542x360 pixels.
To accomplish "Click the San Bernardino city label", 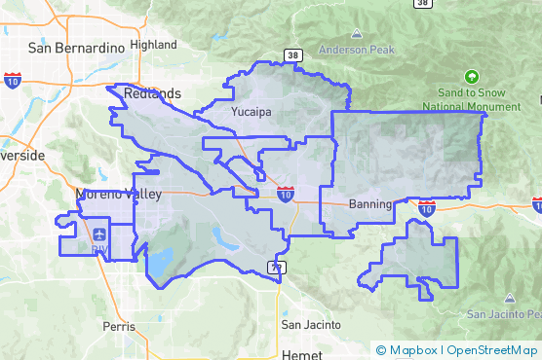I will click(76, 47).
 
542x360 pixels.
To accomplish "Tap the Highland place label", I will click(153, 45).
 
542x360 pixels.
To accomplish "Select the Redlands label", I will click(153, 93).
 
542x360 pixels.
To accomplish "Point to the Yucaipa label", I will click(251, 113).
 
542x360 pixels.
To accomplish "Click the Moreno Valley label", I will click(118, 195).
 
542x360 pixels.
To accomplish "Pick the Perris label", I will click(119, 327).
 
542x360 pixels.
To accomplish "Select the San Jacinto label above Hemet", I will click(310, 324).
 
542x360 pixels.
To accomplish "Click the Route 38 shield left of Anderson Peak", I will click(292, 54).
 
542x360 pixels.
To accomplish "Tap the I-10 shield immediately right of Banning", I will click(426, 207).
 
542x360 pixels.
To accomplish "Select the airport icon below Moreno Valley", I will click(99, 234).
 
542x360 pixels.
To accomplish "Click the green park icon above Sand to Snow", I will click(473, 76).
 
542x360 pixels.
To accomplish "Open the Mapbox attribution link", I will click(407, 350).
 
